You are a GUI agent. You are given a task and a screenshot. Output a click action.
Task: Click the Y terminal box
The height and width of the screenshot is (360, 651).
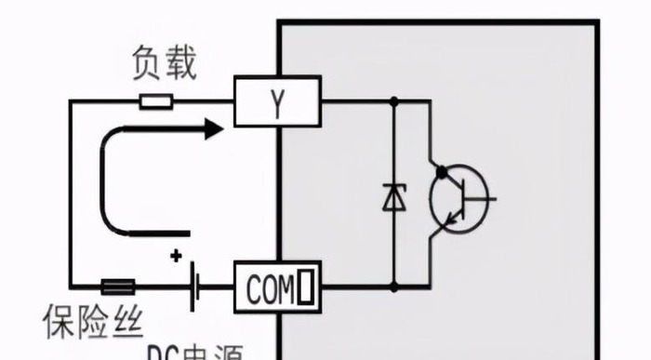tap(276, 100)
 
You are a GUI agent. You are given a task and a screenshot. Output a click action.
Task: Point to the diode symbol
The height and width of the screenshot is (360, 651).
tap(394, 197)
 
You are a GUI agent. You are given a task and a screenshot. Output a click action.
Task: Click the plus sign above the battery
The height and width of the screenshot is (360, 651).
tap(175, 256)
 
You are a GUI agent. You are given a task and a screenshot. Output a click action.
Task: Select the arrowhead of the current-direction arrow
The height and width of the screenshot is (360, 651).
tap(214, 128)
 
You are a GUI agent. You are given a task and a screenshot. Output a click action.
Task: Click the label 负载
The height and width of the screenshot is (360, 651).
tap(166, 65)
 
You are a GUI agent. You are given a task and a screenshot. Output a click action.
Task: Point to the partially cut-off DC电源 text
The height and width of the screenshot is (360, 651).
tap(194, 353)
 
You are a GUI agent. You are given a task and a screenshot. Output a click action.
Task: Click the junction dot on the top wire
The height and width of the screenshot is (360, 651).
tap(394, 100)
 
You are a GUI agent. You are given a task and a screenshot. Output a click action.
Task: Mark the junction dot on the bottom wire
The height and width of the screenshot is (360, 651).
tap(394, 286)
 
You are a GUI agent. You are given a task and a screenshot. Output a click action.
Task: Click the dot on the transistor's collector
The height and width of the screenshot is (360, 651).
tap(440, 171)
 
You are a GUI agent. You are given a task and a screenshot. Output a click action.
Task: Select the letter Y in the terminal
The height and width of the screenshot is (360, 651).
tap(275, 101)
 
